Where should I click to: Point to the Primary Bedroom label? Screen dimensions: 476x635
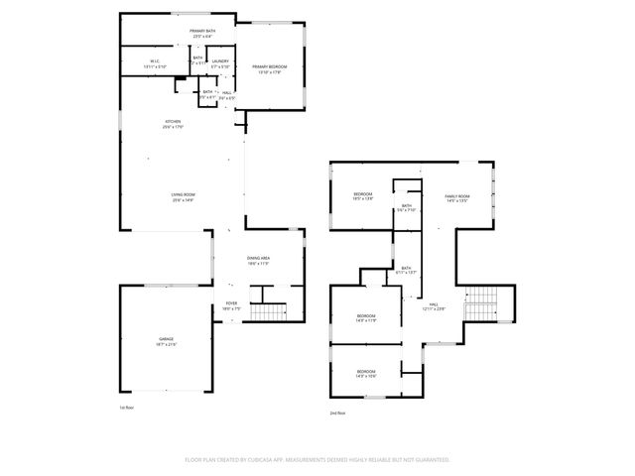pos(268,68)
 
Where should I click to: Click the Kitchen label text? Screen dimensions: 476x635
pos(174,124)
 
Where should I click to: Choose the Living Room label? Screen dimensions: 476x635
pos(182,196)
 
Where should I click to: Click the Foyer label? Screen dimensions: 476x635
pos(230,305)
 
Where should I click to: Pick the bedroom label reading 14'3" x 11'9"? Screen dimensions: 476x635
pos(366,317)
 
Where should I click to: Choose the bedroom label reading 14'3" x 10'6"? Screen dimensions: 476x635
pos(366,373)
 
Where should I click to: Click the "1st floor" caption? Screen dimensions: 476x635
pos(125,408)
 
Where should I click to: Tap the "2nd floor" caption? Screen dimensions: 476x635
pos(338,413)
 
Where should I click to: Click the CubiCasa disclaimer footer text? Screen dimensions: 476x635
pos(317,460)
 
